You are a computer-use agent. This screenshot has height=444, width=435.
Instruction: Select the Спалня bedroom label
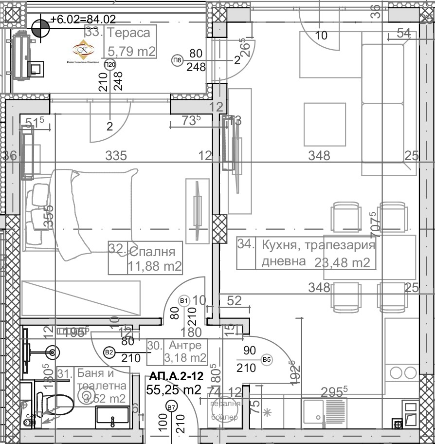[x=152, y=252]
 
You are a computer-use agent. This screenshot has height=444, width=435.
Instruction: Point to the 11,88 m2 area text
[x=155, y=266]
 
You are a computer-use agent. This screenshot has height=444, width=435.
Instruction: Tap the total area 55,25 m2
[x=174, y=389]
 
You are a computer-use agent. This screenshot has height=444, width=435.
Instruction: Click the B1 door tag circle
[x=184, y=300]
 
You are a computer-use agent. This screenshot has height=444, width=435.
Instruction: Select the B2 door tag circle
[x=109, y=351]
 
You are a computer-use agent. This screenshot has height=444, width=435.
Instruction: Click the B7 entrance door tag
[x=171, y=407]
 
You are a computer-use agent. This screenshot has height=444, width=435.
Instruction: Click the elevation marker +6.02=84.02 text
[x=83, y=19]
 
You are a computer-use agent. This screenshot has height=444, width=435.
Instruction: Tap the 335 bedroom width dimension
[x=117, y=156]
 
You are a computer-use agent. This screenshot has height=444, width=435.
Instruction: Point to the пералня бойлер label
[x=224, y=410]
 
